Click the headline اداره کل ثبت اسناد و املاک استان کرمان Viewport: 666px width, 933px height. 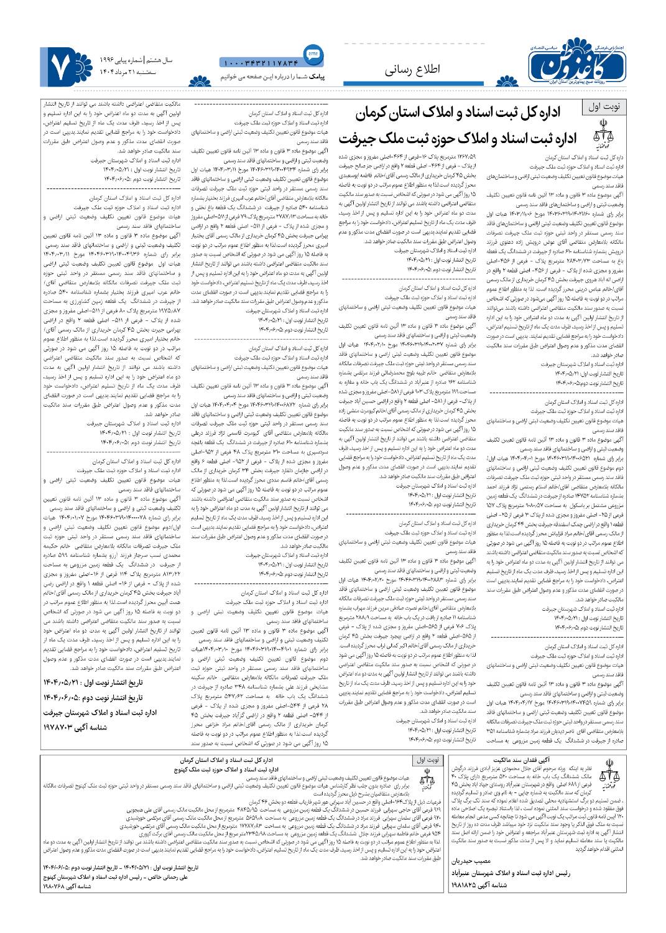(464, 114)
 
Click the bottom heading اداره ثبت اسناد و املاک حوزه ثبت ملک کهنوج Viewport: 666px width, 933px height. (245, 769)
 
